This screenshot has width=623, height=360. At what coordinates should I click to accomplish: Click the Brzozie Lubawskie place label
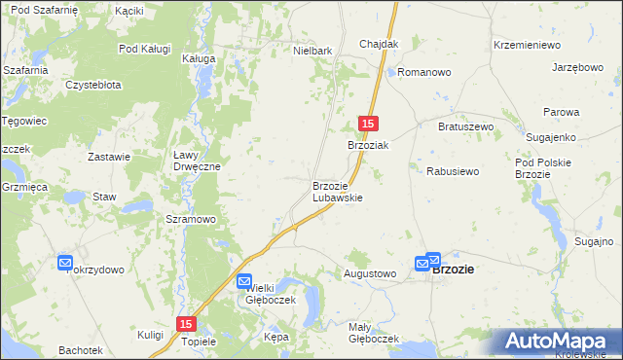point(337,192)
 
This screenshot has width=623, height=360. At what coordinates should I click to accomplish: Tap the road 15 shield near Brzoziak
point(368,124)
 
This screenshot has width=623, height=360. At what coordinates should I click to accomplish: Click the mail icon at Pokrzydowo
point(65,263)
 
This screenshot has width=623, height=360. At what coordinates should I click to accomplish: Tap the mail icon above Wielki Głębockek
point(245,281)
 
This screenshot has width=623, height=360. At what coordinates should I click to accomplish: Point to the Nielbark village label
point(313,50)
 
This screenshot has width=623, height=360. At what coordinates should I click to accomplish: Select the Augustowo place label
point(370,274)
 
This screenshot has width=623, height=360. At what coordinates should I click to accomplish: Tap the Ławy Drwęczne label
point(197,161)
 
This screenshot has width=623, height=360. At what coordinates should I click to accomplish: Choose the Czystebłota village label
point(93,85)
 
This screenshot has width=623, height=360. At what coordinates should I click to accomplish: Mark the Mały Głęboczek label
point(374,333)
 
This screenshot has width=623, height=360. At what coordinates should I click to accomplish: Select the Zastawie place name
point(109,157)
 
